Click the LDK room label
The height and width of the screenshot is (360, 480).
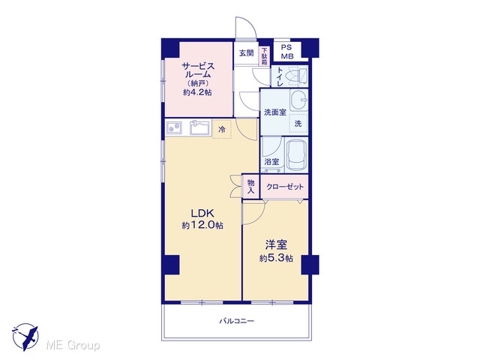pyautogui.click(x=202, y=213)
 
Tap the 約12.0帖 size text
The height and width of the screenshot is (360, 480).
pyautogui.click(x=202, y=226)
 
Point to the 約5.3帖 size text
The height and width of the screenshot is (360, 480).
pyautogui.click(x=276, y=258)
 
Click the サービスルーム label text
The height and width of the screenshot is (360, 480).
pyautogui.click(x=198, y=70)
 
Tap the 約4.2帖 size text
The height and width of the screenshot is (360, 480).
pyautogui.click(x=197, y=92)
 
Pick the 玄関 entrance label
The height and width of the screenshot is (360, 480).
pyautogui.click(x=247, y=53)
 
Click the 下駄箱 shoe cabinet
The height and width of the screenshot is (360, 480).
pyautogui.click(x=264, y=56)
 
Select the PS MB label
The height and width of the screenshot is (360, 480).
pyautogui.click(x=287, y=52)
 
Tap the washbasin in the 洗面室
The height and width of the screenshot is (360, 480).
pyautogui.click(x=299, y=100)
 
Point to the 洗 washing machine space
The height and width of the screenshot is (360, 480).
pyautogui.click(x=298, y=123)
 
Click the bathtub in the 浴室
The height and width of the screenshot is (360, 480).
pyautogui.click(x=296, y=155)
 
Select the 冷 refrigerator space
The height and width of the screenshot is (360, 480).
pyautogui.click(x=222, y=129)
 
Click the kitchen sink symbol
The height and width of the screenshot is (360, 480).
pyautogui.click(x=200, y=127)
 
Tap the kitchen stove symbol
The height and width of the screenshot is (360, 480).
pyautogui.click(x=174, y=127)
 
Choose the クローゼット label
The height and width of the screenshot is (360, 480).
pyautogui.click(x=285, y=187)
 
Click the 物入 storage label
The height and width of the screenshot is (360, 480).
pyautogui.click(x=251, y=187)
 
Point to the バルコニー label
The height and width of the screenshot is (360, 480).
pyautogui.click(x=237, y=321)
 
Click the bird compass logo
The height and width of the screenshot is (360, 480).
pyautogui.click(x=25, y=337)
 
